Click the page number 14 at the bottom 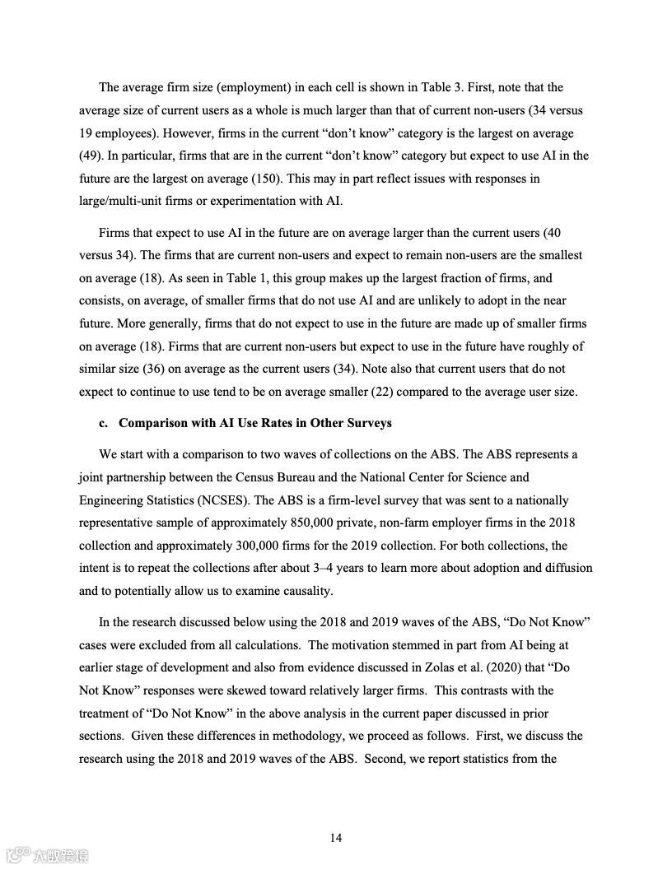coord(336,838)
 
